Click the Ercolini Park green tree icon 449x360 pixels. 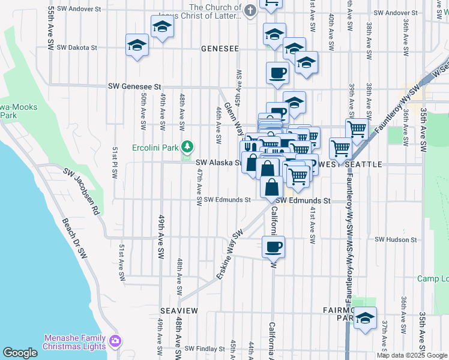[187, 146]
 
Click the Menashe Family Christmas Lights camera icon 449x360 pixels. [115, 342]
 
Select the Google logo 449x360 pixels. [20, 353]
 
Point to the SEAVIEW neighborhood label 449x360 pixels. [179, 310]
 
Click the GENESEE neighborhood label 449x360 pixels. [220, 49]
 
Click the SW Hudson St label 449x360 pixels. [396, 239]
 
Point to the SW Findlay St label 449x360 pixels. [205, 348]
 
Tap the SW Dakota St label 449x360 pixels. [77, 47]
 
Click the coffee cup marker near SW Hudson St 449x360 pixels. [274, 247]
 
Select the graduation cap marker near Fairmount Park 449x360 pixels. [364, 319]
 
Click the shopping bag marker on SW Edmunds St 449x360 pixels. [272, 187]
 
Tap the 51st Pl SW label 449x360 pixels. [115, 162]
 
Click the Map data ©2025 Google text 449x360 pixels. [412, 355]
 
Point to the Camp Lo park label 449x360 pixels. [433, 278]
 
